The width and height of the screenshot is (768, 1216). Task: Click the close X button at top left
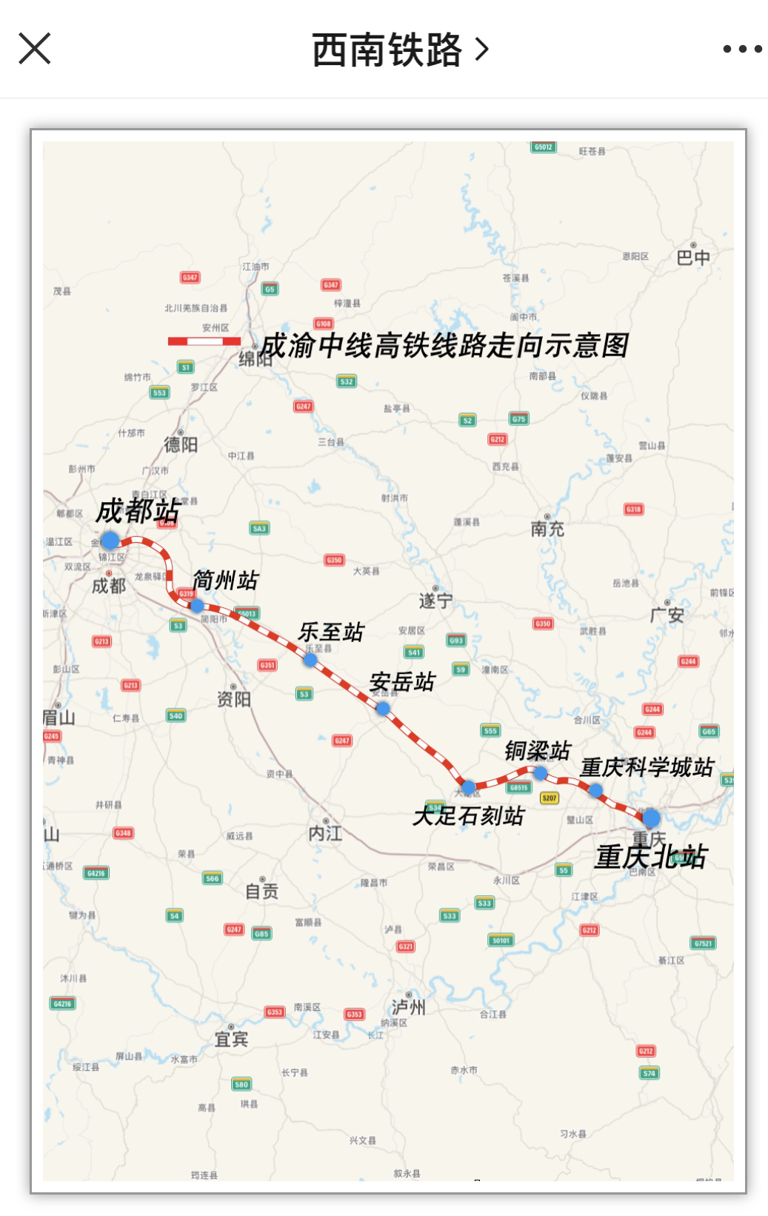click(x=34, y=49)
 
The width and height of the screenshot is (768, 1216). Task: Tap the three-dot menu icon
click(x=742, y=49)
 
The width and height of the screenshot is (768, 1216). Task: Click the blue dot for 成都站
click(x=110, y=541)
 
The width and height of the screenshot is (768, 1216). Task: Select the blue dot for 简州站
click(x=197, y=606)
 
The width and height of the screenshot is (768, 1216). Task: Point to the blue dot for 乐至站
click(x=310, y=660)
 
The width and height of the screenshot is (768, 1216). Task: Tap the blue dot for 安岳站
click(x=383, y=709)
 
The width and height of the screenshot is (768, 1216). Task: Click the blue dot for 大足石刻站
click(x=469, y=786)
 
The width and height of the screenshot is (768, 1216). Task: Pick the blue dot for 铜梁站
click(x=541, y=773)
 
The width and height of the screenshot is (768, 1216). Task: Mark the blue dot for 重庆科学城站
click(x=595, y=790)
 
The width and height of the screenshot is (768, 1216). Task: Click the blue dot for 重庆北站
click(x=651, y=818)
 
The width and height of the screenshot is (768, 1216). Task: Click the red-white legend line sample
click(x=204, y=341)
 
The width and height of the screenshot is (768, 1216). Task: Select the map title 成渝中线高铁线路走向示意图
click(x=444, y=346)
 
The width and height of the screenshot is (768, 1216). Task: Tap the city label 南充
click(x=547, y=529)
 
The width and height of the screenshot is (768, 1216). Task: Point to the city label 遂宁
click(x=435, y=601)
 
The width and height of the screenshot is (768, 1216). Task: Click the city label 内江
click(x=325, y=833)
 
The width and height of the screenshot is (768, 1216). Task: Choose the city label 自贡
click(x=262, y=891)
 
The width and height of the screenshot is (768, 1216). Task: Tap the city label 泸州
click(x=408, y=1006)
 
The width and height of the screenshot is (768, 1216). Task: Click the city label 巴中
click(x=693, y=257)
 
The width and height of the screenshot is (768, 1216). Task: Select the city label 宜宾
click(x=231, y=1039)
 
